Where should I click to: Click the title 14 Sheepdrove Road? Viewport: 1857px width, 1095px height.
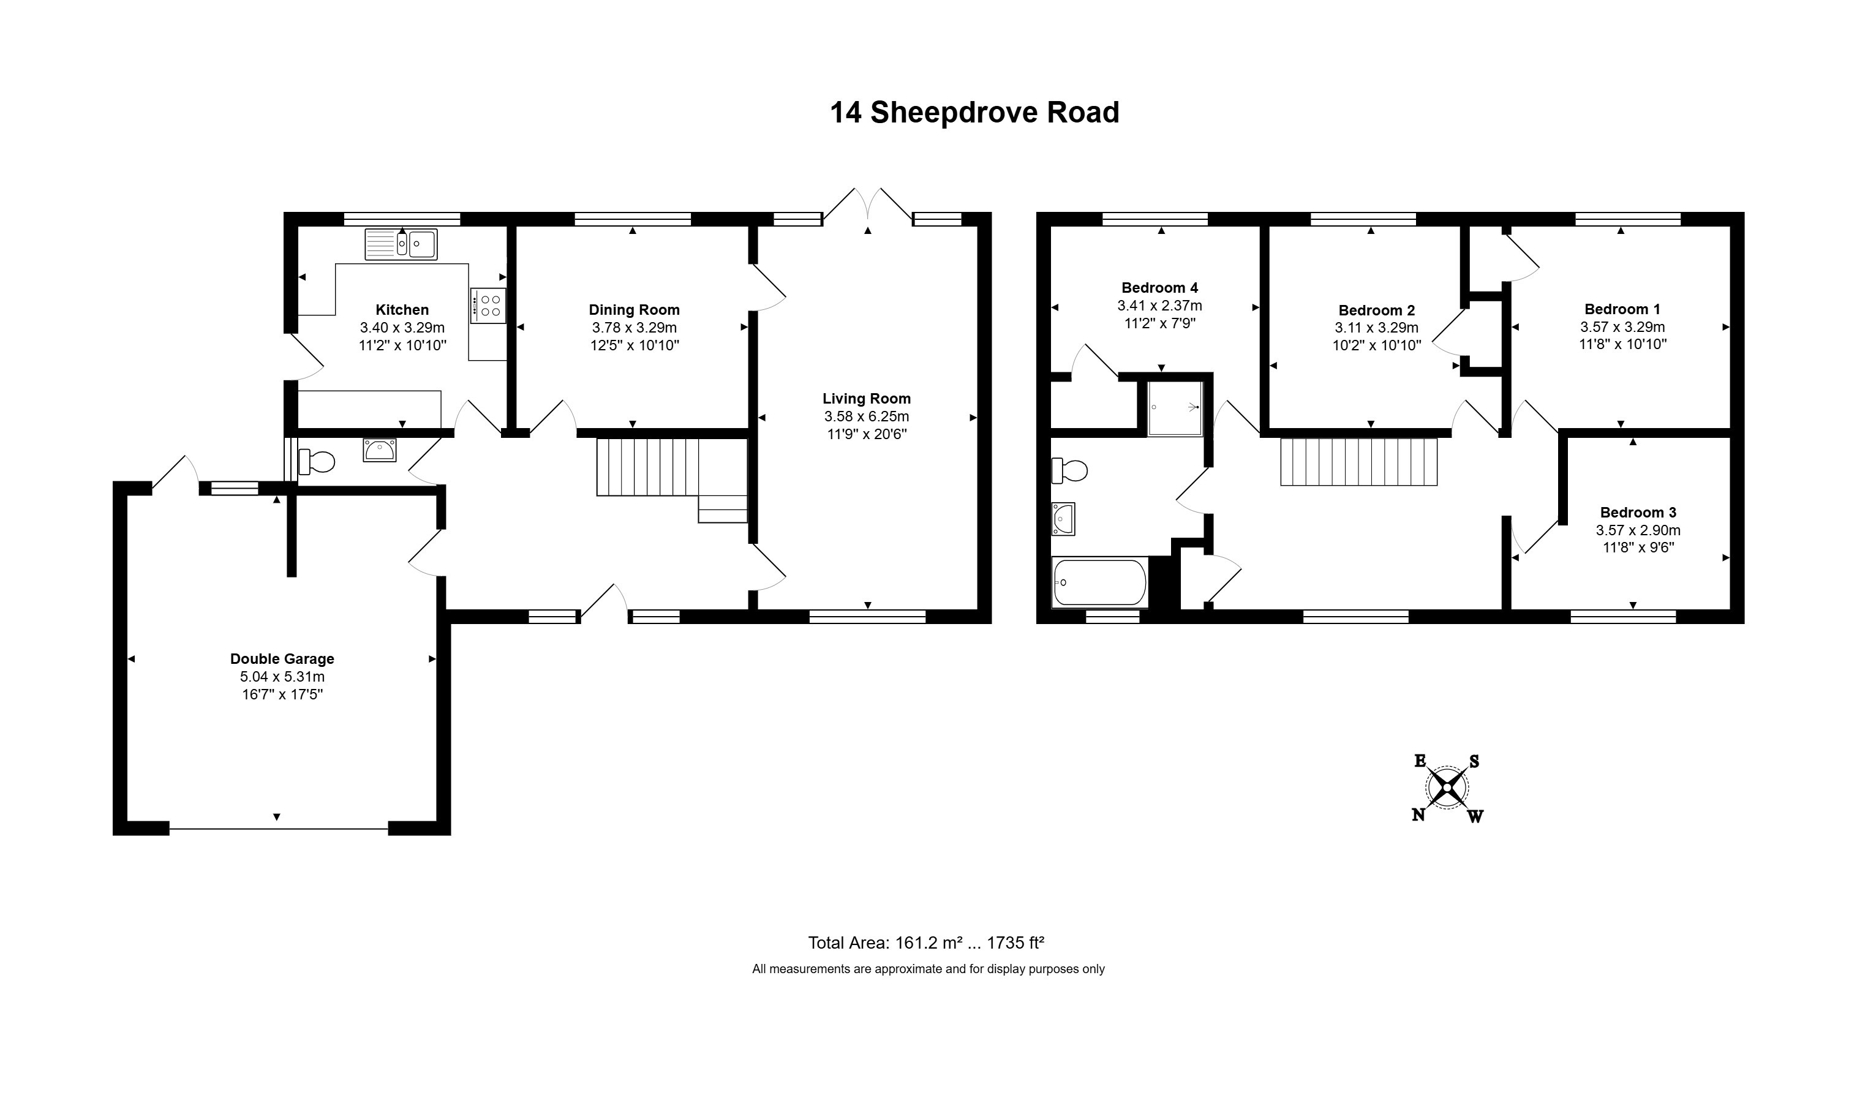click(x=974, y=113)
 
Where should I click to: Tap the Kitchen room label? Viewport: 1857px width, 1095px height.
click(x=402, y=310)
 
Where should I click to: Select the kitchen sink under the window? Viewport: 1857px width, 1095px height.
click(x=401, y=244)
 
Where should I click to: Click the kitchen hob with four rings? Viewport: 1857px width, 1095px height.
click(x=488, y=306)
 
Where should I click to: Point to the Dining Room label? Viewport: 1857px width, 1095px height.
click(x=634, y=310)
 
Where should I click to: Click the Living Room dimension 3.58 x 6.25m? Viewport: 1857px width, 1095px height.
click(x=867, y=417)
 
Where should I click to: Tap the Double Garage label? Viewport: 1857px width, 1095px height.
click(x=282, y=659)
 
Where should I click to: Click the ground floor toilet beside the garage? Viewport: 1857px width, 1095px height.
click(x=317, y=462)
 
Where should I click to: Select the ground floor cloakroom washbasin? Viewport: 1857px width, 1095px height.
click(x=380, y=450)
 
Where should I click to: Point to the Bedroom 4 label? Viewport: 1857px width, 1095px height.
click(x=1160, y=288)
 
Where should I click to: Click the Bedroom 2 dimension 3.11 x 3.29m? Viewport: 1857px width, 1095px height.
click(x=1377, y=328)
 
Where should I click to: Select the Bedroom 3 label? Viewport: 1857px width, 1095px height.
click(x=1638, y=512)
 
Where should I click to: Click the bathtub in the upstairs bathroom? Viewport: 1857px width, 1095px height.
click(x=1099, y=582)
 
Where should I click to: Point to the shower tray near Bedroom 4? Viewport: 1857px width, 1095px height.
click(x=1175, y=408)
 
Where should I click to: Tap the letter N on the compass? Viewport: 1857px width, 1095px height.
click(x=1418, y=815)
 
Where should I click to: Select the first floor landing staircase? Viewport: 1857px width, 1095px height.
click(x=1359, y=462)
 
